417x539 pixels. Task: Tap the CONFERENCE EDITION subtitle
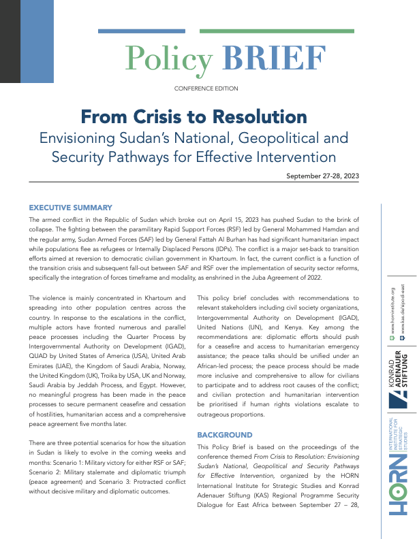(x=206, y=88)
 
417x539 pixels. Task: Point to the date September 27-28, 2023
(x=322, y=176)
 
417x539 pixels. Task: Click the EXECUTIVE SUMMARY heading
(x=70, y=207)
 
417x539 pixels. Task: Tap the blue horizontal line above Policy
(x=141, y=31)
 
